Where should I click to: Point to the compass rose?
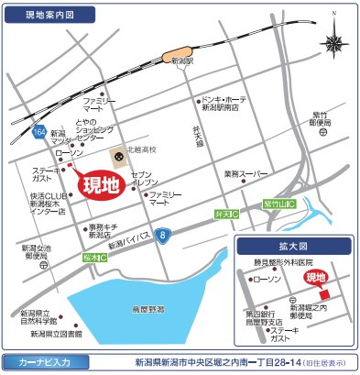[x=333, y=45]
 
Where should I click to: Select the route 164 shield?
[x=38, y=133]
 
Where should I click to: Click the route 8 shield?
[x=162, y=237]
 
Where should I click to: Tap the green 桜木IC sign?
[x=94, y=258]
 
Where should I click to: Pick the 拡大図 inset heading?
[x=294, y=248]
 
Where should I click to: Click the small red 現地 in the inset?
[x=315, y=276]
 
